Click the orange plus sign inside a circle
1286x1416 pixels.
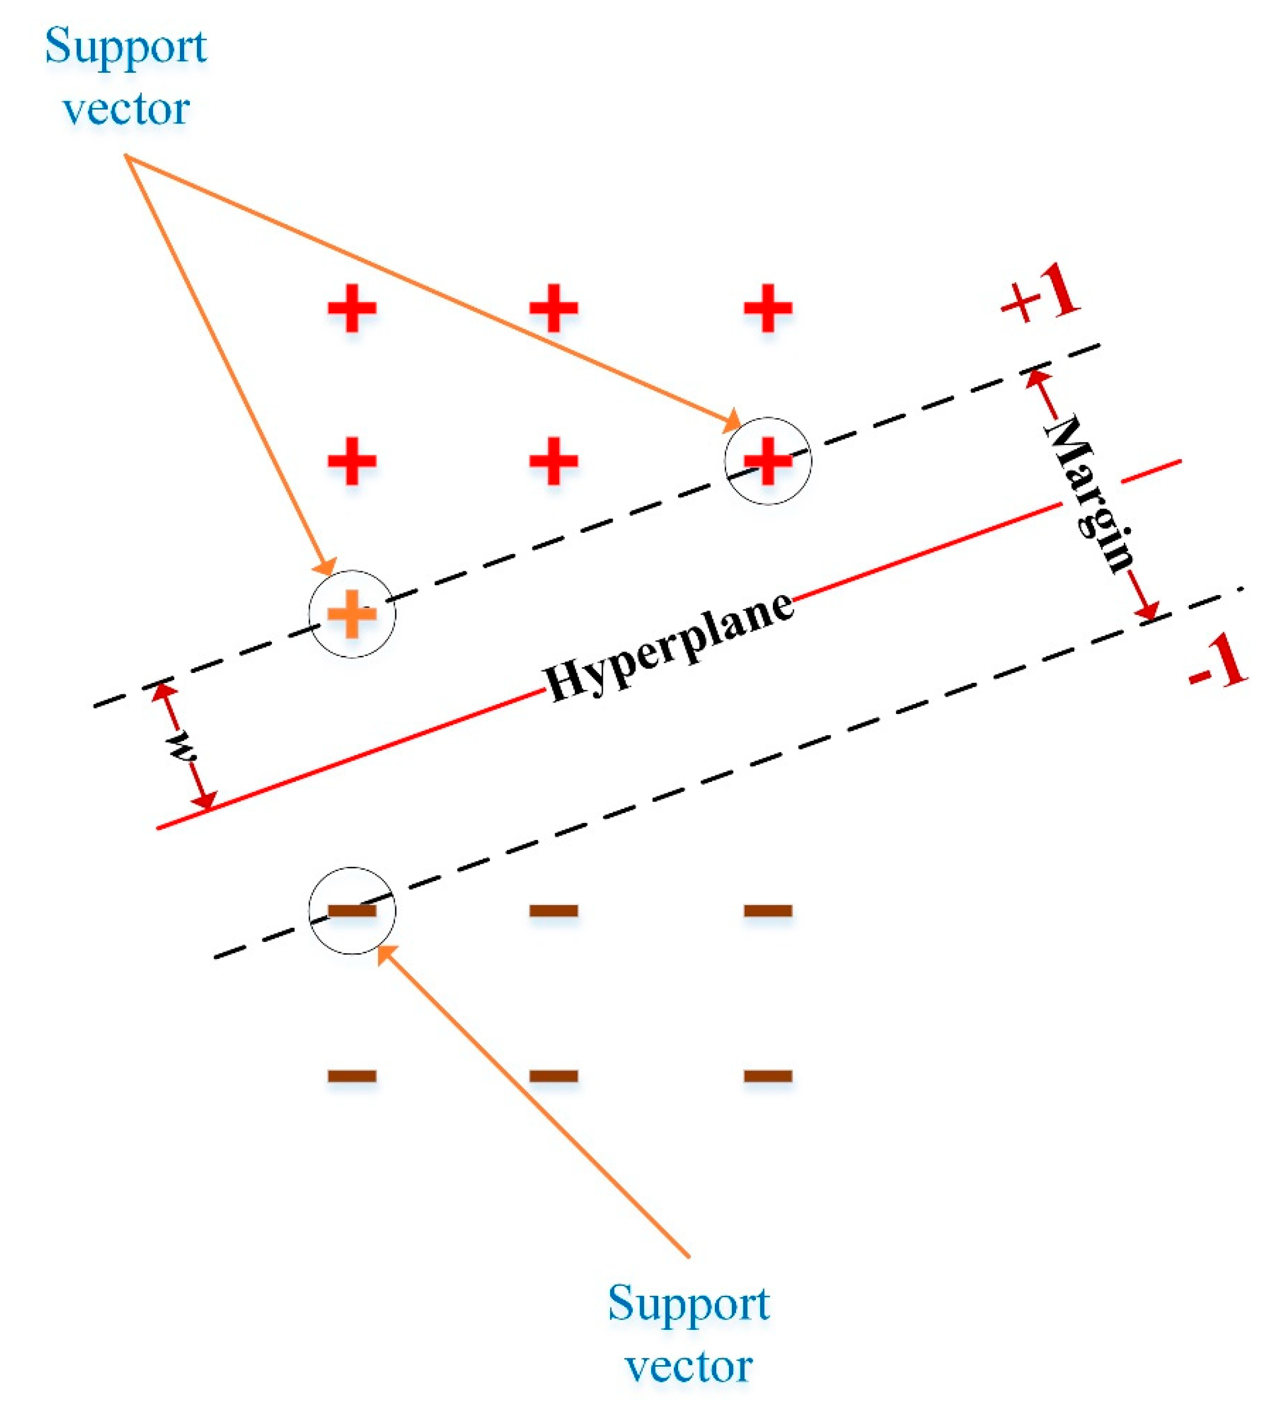coord(352,614)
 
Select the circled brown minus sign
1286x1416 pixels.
coord(352,910)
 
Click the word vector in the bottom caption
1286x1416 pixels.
coord(688,1366)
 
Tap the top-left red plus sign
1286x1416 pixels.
coord(352,308)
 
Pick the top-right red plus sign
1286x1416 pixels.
coord(768,308)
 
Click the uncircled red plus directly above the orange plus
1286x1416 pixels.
coord(352,461)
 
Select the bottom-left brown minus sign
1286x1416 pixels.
coord(352,1075)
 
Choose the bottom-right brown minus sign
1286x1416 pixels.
coord(768,1075)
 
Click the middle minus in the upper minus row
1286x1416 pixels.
coord(554,910)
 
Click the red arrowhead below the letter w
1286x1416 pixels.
coord(204,801)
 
